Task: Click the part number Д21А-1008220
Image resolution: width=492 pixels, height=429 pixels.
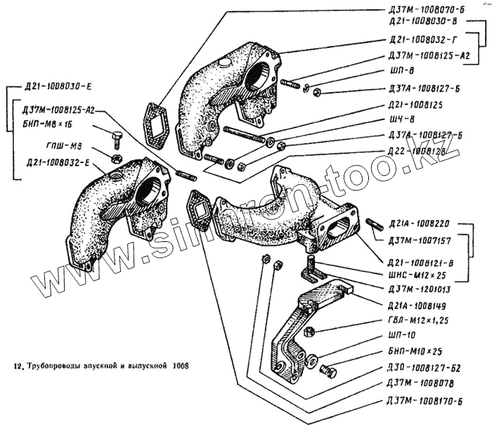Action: pos(422,224)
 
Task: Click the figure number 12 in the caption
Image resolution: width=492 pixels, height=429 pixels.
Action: pos(15,366)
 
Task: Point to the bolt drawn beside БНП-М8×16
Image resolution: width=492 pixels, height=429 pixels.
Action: pos(117,135)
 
